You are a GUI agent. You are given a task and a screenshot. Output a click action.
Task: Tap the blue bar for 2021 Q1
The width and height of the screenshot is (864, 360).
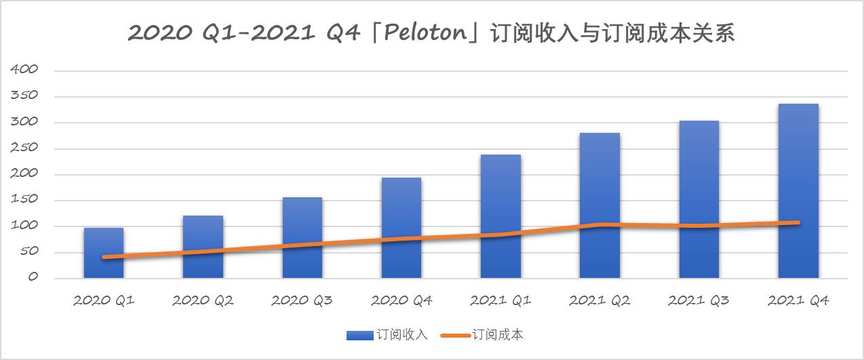pos(500,216)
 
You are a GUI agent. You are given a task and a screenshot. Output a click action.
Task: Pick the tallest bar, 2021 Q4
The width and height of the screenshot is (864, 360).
pos(798,191)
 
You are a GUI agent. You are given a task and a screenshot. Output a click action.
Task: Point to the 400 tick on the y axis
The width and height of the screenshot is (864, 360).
pos(24,71)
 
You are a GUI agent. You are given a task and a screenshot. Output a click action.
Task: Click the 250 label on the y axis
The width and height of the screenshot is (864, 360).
pos(24,148)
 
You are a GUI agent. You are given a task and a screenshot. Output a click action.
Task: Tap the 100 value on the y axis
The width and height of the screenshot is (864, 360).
pos(24,226)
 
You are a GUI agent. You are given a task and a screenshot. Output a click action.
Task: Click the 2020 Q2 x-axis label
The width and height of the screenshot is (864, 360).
pos(203,300)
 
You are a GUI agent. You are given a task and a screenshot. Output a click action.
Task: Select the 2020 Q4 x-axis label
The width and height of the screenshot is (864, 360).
pos(401,300)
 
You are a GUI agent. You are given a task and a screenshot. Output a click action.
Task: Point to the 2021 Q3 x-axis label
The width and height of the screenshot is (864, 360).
pos(699,300)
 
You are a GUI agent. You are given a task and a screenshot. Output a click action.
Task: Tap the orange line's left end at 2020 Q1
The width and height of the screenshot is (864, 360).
pos(104,257)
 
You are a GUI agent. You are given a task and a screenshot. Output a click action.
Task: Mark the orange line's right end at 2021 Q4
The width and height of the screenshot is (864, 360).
pos(798,222)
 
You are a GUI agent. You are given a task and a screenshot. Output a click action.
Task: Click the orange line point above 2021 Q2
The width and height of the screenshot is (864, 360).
pos(600,224)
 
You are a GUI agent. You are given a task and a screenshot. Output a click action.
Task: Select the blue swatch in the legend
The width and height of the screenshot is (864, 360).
pos(359,335)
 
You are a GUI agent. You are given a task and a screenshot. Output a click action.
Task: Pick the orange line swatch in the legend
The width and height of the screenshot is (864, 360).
pos(455,335)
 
